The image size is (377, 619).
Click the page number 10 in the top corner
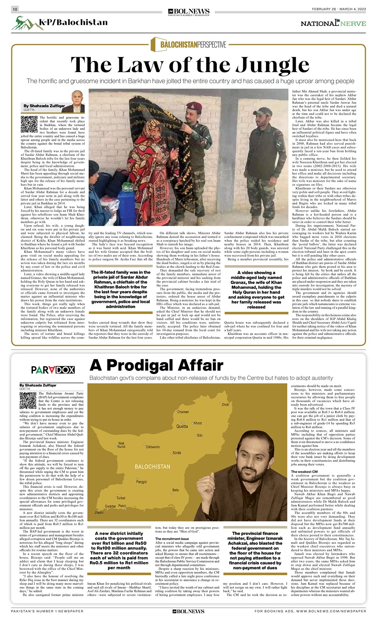click(15, 9)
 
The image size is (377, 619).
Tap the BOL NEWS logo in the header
click(189, 11)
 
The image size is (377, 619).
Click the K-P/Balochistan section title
click(73, 22)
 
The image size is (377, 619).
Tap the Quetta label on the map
click(182, 426)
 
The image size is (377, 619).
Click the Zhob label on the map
click(225, 404)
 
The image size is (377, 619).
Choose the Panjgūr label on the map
click(142, 482)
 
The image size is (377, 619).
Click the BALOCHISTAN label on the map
click(152, 466)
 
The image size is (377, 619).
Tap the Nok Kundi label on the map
click(122, 445)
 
